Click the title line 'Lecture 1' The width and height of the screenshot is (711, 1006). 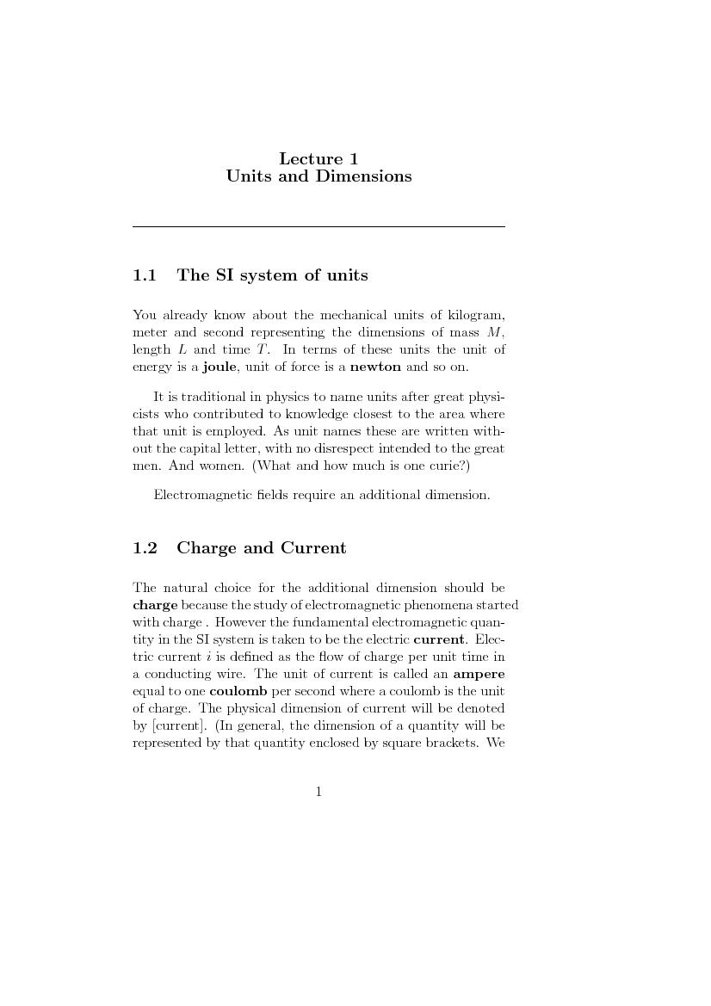pyautogui.click(x=318, y=158)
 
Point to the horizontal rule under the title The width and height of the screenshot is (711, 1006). pyautogui.click(x=318, y=226)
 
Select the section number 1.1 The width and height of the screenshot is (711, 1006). pyautogui.click(x=145, y=275)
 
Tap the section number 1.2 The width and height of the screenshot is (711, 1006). pyautogui.click(x=145, y=548)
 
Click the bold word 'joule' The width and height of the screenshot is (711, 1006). pyautogui.click(x=219, y=367)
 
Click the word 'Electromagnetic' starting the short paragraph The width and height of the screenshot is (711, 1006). pyautogui.click(x=197, y=495)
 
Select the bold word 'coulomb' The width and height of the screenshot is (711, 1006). pyautogui.click(x=238, y=691)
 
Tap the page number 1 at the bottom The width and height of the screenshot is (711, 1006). pyautogui.click(x=318, y=792)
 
